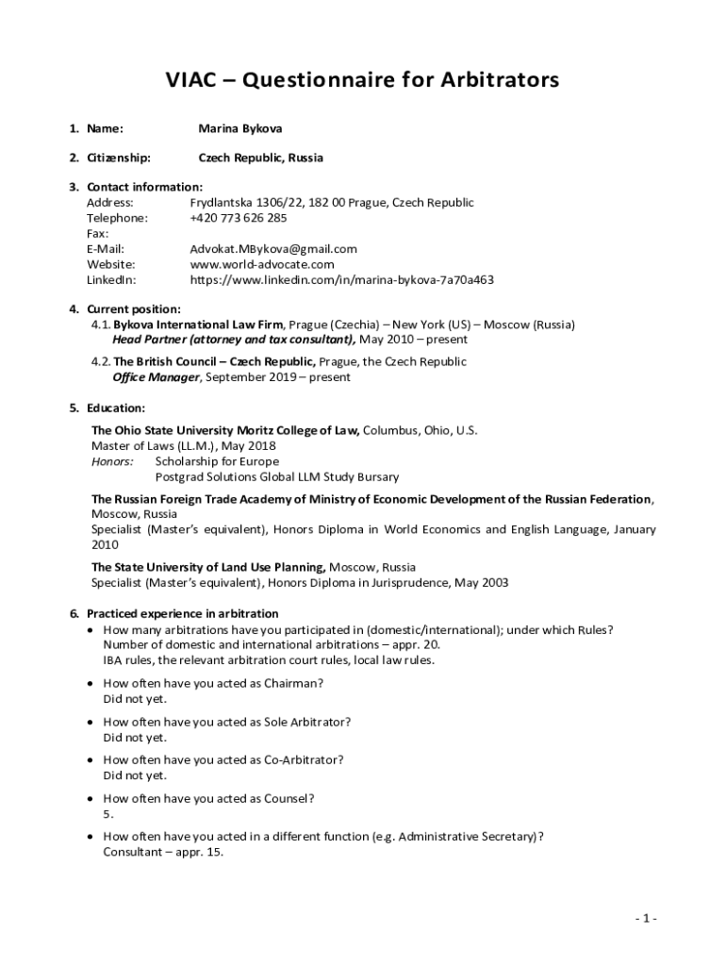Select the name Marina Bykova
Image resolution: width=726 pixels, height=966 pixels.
click(239, 127)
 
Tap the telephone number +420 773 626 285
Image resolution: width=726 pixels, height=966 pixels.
click(238, 218)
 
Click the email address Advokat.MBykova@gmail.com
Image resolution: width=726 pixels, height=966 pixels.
click(273, 249)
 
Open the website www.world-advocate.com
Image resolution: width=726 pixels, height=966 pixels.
click(262, 264)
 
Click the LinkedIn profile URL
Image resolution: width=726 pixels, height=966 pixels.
click(341, 280)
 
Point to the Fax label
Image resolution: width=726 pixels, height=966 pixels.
click(97, 233)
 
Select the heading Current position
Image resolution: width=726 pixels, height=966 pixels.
click(134, 309)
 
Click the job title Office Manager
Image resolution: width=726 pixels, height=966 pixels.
click(156, 377)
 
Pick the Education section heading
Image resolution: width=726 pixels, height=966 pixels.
click(116, 408)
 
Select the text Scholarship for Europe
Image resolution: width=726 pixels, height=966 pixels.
click(217, 461)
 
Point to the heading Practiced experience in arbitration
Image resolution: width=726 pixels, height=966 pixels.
click(182, 613)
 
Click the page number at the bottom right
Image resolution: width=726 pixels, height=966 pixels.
click(645, 918)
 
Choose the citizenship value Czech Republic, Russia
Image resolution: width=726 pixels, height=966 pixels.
click(260, 158)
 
